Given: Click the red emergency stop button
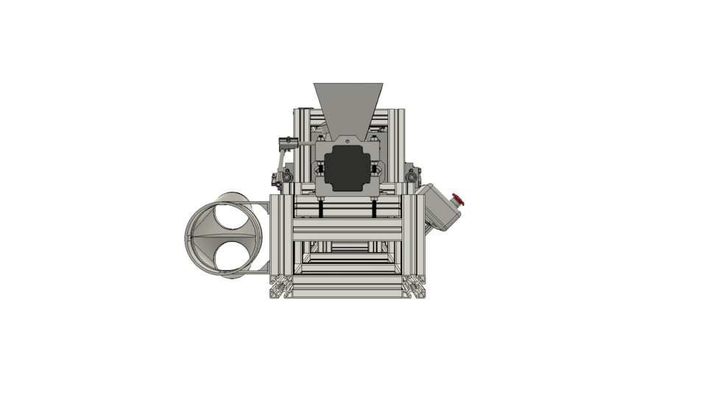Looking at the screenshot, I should tap(458, 198).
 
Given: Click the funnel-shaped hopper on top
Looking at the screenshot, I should tap(348, 107).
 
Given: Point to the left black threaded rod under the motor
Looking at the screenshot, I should tap(322, 209).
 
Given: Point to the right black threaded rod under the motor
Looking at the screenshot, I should tap(374, 209).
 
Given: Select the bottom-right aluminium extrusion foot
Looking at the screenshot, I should tap(415, 289).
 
